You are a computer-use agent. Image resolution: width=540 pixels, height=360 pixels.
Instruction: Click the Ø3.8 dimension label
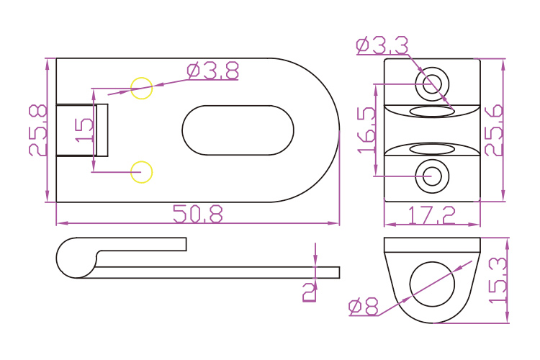212,71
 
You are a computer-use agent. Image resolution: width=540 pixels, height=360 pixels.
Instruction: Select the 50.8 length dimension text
198,214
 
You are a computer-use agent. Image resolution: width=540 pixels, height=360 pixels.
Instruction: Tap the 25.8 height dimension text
38,130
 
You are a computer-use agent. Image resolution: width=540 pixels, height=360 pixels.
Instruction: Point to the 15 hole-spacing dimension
84,130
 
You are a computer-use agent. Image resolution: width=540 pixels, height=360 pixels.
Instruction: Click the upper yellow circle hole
142,88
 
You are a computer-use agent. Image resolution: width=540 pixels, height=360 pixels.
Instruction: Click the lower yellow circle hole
141,172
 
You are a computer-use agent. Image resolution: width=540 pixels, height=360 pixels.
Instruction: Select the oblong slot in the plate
238,130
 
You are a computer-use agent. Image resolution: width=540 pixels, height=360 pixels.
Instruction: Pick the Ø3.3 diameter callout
382,45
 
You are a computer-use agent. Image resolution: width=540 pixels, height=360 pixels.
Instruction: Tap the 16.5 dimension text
366,130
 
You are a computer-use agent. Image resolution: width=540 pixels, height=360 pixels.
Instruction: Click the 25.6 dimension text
493,130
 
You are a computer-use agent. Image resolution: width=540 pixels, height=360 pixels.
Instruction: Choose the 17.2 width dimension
432,215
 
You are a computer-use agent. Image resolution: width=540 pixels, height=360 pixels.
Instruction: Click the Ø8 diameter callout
364,307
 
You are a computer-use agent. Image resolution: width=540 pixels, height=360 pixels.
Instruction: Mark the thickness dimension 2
309,292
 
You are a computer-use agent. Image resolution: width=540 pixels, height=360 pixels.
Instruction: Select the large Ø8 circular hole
432,282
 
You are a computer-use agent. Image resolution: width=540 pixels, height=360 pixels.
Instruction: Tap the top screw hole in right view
432,83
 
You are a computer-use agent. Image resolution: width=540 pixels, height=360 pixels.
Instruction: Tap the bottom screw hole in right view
432,175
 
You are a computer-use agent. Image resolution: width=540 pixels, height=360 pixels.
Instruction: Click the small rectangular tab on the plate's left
82,130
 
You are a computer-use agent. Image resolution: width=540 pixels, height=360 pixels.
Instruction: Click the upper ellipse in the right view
432,110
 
